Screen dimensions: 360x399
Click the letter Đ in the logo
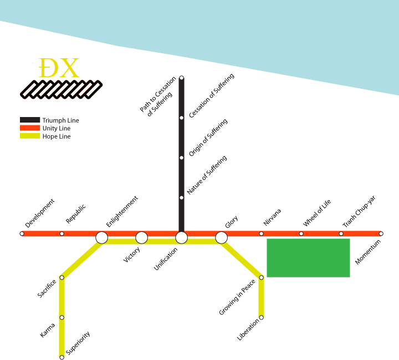coord(49,69)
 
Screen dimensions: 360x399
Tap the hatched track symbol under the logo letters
coord(61,89)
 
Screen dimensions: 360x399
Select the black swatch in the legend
coord(30,120)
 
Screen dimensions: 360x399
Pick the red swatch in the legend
coord(30,128)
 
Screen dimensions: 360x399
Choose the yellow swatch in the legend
coord(30,135)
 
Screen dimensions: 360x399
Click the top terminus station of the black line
coord(181,78)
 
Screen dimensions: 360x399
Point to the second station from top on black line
coord(181,118)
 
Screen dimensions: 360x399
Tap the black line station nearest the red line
coord(181,197)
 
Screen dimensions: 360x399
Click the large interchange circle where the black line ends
coord(181,237)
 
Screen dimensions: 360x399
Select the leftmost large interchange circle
coord(101,237)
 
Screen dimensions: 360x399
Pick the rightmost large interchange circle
coord(221,237)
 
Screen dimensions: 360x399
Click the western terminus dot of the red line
coord(22,234)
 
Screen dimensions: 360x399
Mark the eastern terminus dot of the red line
coord(381,234)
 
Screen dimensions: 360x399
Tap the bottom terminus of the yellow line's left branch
coord(62,357)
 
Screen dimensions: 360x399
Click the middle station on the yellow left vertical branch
coord(62,317)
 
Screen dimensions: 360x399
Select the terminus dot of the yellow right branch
coord(261,317)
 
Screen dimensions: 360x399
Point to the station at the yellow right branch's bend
coord(261,277)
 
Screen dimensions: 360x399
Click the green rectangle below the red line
coord(308,258)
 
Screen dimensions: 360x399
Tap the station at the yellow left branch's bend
coord(62,277)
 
